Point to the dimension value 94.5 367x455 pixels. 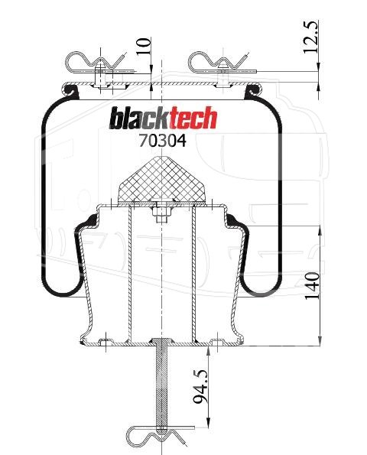tap(201, 386)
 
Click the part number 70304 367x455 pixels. tap(162, 141)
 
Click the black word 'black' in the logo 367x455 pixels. tap(140, 119)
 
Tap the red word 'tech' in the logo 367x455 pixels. tap(193, 118)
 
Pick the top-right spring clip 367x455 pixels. tap(220, 63)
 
